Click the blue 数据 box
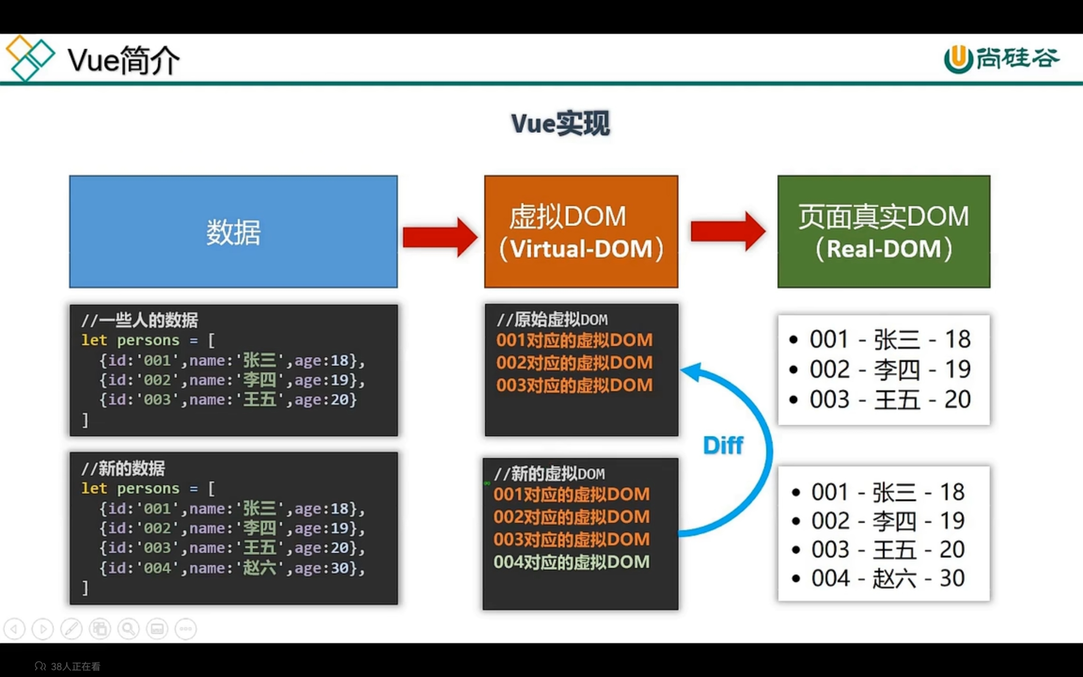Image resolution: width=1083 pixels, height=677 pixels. [x=233, y=231]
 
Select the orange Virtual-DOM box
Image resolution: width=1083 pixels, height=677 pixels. [x=581, y=231]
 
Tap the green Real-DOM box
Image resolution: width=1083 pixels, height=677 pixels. [x=883, y=231]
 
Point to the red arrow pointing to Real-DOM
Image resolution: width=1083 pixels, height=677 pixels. [x=728, y=231]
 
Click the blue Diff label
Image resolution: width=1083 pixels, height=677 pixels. [x=723, y=446]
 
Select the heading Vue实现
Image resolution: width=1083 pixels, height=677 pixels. [x=560, y=124]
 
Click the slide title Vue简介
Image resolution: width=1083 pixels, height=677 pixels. [x=124, y=61]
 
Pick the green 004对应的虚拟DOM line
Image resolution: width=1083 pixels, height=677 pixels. [x=572, y=562]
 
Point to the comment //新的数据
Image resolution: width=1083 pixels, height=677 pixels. [x=123, y=468]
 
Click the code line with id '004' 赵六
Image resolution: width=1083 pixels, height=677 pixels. [x=232, y=568]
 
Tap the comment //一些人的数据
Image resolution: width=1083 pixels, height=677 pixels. [x=140, y=320]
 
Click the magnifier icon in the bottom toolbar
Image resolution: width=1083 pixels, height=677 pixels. [x=129, y=629]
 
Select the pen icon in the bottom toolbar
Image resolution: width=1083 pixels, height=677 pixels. [x=71, y=629]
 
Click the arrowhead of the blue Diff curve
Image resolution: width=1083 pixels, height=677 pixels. [x=691, y=372]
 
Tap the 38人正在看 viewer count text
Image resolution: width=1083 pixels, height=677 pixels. [x=75, y=666]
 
